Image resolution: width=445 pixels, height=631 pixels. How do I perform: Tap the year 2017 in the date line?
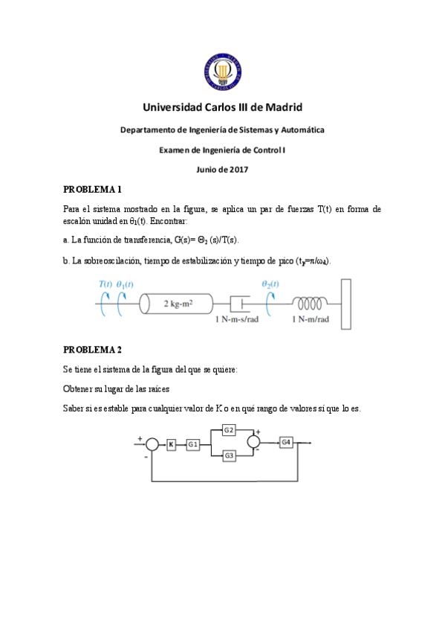(237, 169)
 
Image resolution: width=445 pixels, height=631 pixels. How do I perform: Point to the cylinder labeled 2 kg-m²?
(178, 304)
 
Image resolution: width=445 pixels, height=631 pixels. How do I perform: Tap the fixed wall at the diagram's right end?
(346, 304)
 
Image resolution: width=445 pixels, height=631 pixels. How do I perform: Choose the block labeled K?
(172, 444)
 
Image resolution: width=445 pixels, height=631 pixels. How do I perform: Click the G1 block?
(192, 444)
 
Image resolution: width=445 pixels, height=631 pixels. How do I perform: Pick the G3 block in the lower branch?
(229, 455)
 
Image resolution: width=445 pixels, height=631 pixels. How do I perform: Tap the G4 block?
(286, 442)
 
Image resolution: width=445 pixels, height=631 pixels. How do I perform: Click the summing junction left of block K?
(152, 444)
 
